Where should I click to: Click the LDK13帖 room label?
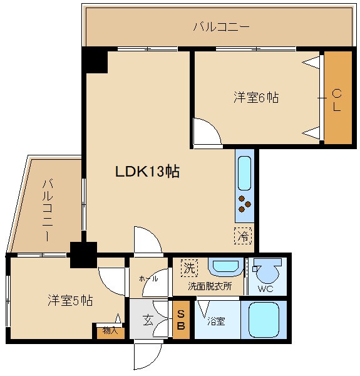pos(147,171)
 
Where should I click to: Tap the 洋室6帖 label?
pos(256,97)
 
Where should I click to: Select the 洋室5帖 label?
pos(70,300)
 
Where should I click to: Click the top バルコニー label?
pos(221,26)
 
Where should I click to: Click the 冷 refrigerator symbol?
pos(243,236)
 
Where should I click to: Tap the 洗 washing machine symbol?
pos(189,268)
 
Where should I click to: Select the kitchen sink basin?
pos(245,173)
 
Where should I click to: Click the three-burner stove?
pos(245,204)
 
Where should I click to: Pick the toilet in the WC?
pos(267,271)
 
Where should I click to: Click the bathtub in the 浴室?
pos(264,320)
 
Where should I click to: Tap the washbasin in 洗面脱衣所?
pos(225,267)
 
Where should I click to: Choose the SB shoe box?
pos(181,320)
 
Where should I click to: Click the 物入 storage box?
pos(110,332)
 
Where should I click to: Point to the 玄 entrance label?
pos(148,320)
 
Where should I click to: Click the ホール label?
pos(148,278)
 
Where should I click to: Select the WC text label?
pos(265,288)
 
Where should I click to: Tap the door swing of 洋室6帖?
pos(207,132)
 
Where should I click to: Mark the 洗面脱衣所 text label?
pos(210,286)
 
